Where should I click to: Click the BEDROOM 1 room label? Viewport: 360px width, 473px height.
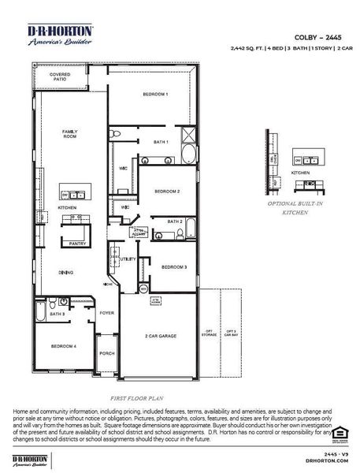tap(155, 95)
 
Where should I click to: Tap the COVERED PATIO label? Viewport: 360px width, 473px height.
tap(59, 77)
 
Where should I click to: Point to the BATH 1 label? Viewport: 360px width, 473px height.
tap(161, 141)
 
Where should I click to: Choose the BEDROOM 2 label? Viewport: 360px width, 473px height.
tap(167, 192)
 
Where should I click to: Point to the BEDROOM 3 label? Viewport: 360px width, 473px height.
tap(174, 267)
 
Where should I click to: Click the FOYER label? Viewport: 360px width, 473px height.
tap(107, 312)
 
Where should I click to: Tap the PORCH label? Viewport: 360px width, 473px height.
tap(107, 353)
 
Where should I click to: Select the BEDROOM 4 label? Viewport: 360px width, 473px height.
tap(64, 346)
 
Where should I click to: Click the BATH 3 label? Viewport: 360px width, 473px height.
tap(57, 314)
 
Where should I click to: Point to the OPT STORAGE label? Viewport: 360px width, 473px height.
tap(210, 332)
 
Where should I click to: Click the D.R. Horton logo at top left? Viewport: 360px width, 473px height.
tap(61, 35)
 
